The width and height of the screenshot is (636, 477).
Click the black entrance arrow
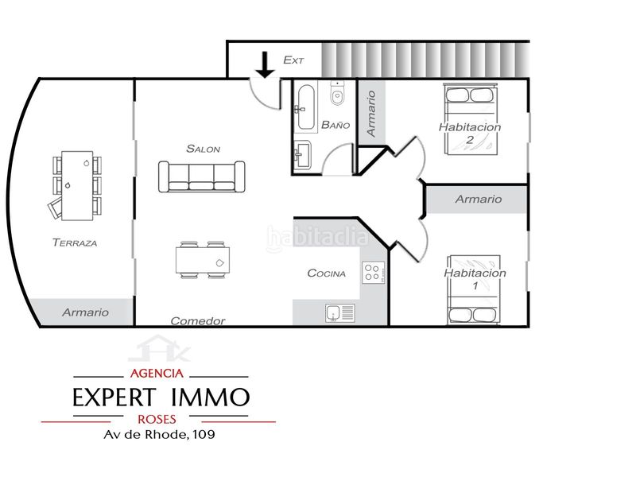coord(266,65)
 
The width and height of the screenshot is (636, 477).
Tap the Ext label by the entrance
coord(293,60)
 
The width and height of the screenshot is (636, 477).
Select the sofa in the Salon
coord(202,176)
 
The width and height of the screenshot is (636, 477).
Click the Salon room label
coord(204,149)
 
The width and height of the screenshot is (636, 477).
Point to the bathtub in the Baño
coord(306,107)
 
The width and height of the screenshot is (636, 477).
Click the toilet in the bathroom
coord(337,93)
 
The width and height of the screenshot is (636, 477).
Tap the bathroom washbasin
coord(303,154)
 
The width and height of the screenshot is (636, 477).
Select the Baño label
coord(335,125)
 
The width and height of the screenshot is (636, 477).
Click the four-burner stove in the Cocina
coord(373,273)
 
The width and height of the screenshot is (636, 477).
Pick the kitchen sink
coord(340,313)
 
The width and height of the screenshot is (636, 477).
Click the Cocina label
coord(327,273)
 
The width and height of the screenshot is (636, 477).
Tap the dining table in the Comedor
coord(203,260)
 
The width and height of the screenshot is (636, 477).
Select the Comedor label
coord(198,321)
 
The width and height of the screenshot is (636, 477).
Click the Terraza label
coord(75,242)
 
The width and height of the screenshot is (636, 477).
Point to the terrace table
coord(77,185)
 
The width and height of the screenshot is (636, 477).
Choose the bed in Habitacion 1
coord(473,289)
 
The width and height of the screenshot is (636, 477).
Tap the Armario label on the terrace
coord(86,312)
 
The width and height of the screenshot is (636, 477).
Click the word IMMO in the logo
coord(210,397)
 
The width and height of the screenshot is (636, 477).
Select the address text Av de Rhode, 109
coord(160,434)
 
